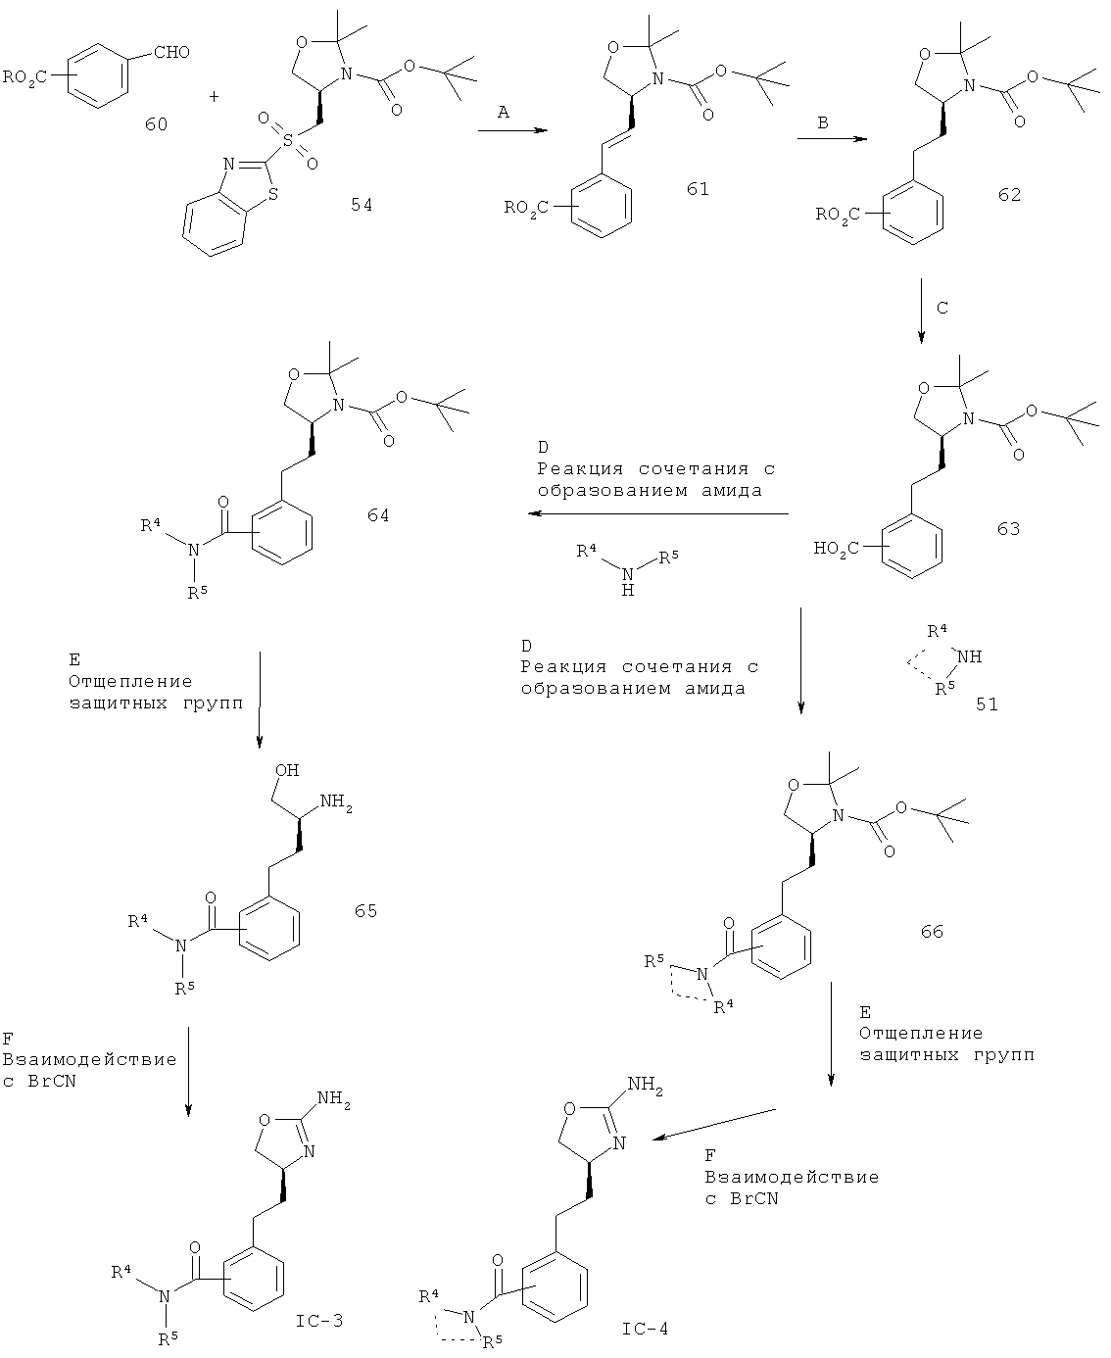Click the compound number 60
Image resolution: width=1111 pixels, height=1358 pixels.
[x=156, y=123]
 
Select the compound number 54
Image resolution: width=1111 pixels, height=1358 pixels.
[x=362, y=205]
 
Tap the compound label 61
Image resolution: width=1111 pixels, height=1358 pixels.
[x=698, y=189]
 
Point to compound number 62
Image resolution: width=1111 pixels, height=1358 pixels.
[x=1009, y=194]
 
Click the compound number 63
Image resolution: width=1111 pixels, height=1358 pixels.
[x=1008, y=529]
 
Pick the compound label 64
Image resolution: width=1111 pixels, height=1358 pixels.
[x=378, y=515]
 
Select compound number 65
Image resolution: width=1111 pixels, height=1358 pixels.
[x=365, y=910]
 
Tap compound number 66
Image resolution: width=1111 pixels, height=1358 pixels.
[x=932, y=931]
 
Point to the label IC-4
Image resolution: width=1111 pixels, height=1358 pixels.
[x=646, y=1329]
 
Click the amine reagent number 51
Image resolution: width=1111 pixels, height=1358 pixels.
[x=987, y=703]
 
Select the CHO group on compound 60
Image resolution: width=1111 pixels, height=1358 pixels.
[x=172, y=52]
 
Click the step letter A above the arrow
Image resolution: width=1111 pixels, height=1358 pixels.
[x=503, y=112]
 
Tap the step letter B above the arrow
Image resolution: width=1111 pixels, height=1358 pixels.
[x=822, y=122]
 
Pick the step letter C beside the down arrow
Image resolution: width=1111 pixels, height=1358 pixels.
[x=942, y=308]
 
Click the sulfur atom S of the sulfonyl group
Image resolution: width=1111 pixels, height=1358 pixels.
[x=287, y=140]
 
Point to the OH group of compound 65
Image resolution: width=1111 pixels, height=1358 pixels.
[x=287, y=770]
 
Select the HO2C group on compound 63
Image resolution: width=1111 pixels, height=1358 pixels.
[x=837, y=550]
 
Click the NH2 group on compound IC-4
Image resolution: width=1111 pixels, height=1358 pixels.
[x=646, y=1085]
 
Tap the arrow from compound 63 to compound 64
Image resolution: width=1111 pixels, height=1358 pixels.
[x=658, y=513]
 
